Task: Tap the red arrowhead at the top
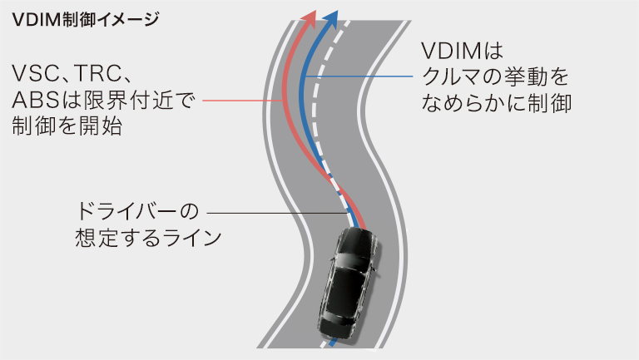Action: [x=310, y=19]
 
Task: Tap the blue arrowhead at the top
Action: [x=333, y=18]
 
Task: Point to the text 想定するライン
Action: [x=146, y=237]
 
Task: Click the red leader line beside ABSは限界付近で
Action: [x=241, y=101]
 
